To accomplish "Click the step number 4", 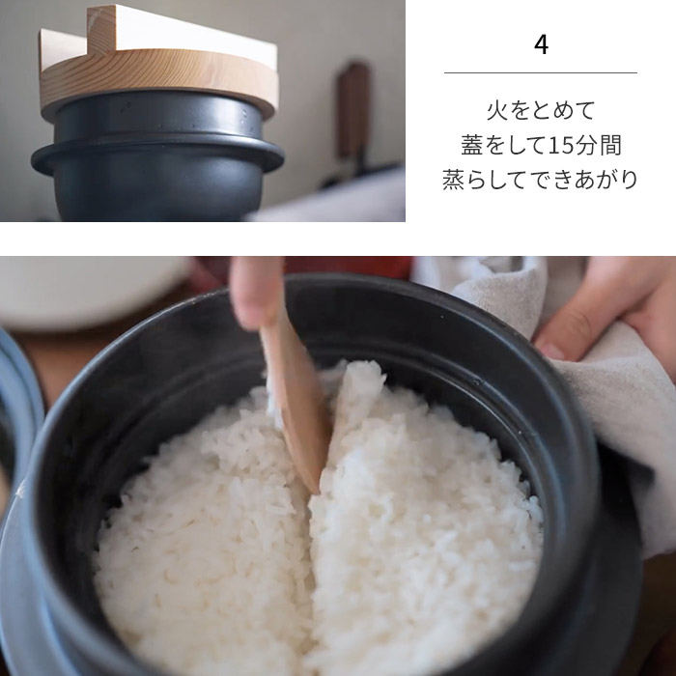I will point(541,45).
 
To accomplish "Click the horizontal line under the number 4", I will point(541,72).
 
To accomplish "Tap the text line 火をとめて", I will point(541,109).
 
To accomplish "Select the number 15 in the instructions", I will point(560,145).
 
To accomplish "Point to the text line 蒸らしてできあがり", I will point(541,180).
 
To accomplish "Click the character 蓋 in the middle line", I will point(472,145).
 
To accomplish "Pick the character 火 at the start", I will point(495,109).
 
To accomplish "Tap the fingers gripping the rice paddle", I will point(256,290).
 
